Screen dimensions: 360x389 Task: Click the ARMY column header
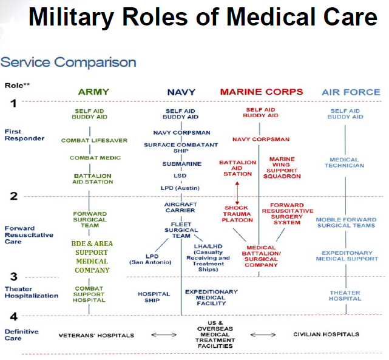[x=93, y=92]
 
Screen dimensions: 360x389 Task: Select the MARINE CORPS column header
[x=261, y=92]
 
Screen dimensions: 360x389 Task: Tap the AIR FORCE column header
[x=351, y=92]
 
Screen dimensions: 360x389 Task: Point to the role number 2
[x=13, y=195]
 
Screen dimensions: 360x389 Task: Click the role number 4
[x=13, y=316]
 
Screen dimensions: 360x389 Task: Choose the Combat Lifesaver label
[x=94, y=140]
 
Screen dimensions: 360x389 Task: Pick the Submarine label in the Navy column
[x=181, y=164]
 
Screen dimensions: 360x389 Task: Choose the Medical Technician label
[x=345, y=163]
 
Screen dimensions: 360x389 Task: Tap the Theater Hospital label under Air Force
[x=345, y=296]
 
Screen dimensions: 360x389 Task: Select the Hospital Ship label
[x=154, y=297]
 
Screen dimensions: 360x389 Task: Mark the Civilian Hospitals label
[x=326, y=335]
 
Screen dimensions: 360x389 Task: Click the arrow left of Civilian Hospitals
[x=263, y=335]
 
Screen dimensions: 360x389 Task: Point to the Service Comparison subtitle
[x=68, y=62]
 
